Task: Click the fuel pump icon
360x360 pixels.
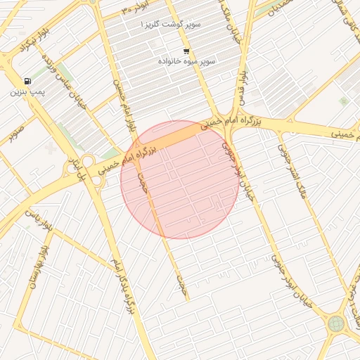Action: (x=27, y=81)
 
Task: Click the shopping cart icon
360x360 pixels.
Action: (x=186, y=51)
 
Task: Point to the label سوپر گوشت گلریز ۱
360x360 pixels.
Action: (x=171, y=25)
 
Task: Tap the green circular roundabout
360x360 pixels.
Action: (x=336, y=324)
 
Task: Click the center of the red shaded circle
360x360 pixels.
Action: (x=180, y=180)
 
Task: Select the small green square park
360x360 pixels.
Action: (x=344, y=101)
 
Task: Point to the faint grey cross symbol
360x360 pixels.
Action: (x=50, y=148)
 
